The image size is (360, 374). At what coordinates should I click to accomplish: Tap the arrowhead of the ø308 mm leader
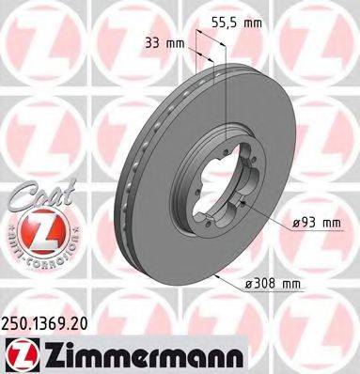click(216, 275)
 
